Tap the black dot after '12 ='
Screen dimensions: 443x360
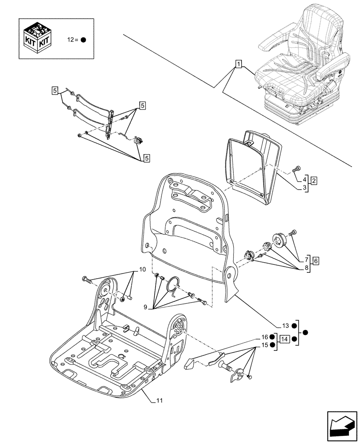click(x=83, y=39)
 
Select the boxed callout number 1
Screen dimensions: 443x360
click(x=239, y=64)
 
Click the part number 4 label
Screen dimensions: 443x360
click(x=305, y=180)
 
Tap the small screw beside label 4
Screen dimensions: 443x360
click(x=297, y=168)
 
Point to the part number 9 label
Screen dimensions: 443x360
click(x=145, y=306)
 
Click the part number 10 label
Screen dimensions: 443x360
click(x=142, y=269)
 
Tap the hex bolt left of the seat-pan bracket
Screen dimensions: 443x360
click(x=86, y=279)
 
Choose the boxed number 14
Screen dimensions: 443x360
click(x=285, y=339)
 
